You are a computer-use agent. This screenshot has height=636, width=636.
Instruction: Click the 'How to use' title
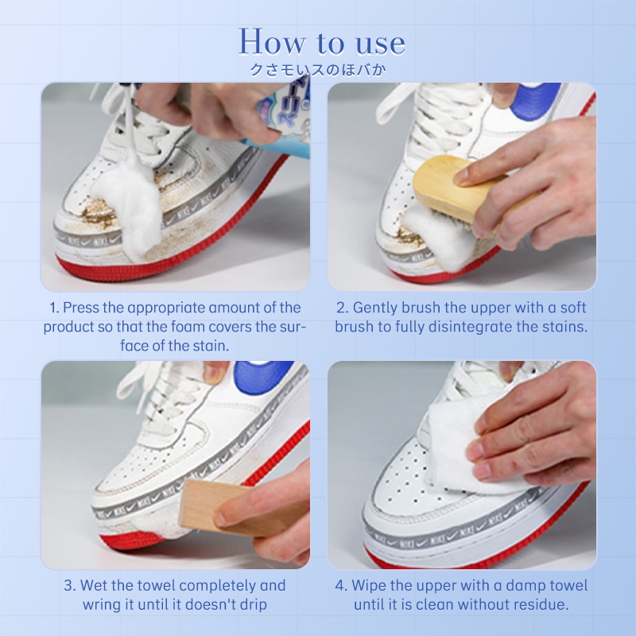(x=322, y=41)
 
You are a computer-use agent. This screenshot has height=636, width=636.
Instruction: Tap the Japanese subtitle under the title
(x=317, y=70)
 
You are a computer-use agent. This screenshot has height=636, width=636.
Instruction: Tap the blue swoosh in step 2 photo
(x=535, y=102)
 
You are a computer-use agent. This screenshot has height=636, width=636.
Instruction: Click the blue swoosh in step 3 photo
(x=265, y=377)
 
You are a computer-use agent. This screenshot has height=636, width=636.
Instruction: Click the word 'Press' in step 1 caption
(x=81, y=308)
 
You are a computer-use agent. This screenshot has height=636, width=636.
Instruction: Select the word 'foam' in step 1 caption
(x=188, y=327)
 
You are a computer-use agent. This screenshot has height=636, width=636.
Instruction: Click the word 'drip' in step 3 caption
(x=254, y=605)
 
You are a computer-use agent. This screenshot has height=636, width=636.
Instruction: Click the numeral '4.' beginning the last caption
(x=341, y=586)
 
